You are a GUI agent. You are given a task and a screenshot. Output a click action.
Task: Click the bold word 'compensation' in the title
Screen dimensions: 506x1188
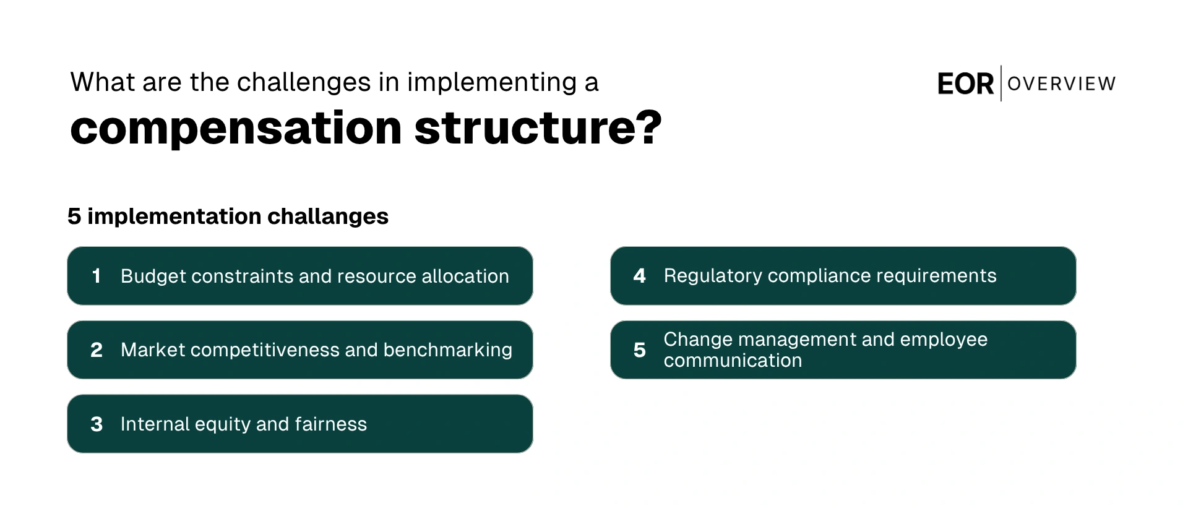point(236,129)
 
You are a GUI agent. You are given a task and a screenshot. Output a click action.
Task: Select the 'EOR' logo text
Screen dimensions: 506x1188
point(965,84)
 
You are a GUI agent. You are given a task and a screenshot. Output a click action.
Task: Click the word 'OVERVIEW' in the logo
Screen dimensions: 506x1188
point(1061,84)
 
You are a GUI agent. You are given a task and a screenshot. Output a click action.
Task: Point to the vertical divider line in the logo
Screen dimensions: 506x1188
point(1001,83)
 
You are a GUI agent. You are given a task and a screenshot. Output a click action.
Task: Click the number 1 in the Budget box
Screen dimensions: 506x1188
point(96,276)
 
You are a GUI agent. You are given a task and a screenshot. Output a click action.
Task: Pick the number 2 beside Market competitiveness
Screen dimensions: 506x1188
point(97,350)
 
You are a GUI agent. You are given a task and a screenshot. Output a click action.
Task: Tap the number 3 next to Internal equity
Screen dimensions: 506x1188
point(97,424)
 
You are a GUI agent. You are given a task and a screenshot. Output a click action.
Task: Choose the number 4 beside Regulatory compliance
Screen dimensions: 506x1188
point(639,276)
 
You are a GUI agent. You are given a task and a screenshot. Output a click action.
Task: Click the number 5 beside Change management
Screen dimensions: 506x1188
point(639,350)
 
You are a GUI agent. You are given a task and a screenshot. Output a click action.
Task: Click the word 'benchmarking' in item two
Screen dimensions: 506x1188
point(447,350)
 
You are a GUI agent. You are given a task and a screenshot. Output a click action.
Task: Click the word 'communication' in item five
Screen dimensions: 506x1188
point(733,361)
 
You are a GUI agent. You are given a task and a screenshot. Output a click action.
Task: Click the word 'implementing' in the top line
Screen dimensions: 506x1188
point(492,82)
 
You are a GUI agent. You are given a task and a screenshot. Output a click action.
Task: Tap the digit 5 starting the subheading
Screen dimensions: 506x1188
point(74,217)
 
